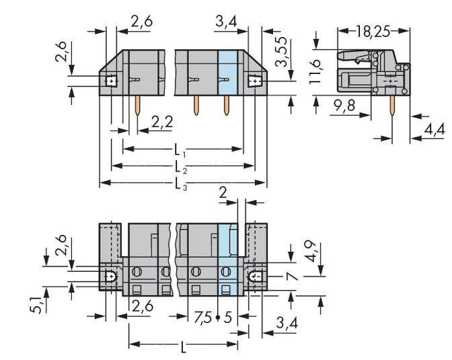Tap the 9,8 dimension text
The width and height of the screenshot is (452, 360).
tap(343, 105)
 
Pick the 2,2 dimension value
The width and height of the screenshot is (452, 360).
tap(161, 122)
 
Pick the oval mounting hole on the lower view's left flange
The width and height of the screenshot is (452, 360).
tap(110, 275)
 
